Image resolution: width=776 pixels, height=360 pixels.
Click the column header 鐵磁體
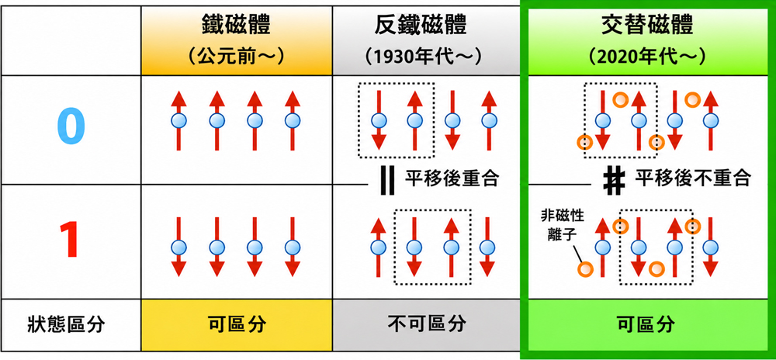pos(236,26)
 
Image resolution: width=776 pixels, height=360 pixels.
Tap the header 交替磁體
pos(647,26)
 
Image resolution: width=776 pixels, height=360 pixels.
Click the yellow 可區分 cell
pos(237,325)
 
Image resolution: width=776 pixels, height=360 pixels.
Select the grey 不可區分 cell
pos(427,325)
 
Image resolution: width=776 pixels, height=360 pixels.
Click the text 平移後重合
pos(452,178)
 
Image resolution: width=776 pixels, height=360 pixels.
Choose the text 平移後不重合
pos(692,178)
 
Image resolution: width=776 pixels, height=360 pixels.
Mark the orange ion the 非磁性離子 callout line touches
pos(585,269)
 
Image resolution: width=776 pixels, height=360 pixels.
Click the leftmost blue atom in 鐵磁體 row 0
pos(178,119)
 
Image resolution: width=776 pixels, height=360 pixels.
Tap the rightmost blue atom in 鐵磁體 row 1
pos(293,247)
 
